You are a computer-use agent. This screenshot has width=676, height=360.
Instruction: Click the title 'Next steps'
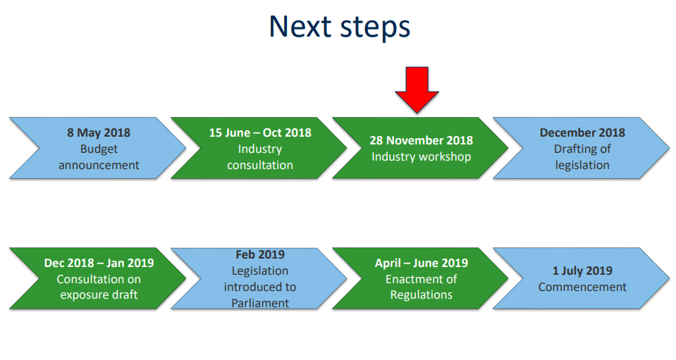click(340, 27)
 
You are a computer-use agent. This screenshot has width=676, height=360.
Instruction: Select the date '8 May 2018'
click(99, 132)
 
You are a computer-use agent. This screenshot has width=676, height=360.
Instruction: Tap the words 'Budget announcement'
click(99, 156)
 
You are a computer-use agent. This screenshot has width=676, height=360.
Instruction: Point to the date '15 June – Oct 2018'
click(260, 132)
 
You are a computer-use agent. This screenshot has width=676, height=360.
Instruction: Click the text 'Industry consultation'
click(260, 156)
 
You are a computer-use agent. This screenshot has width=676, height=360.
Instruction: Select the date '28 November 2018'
click(422, 140)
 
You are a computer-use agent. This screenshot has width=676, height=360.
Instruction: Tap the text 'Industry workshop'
click(422, 156)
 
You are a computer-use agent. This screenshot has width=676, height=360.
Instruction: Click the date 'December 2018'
click(582, 132)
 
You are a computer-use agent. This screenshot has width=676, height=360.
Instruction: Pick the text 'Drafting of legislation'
click(582, 156)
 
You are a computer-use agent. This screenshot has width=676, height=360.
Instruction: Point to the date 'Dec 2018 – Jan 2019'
click(99, 263)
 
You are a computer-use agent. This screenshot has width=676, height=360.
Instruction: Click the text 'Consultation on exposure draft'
click(99, 287)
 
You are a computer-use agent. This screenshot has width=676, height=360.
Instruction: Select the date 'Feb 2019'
click(260, 254)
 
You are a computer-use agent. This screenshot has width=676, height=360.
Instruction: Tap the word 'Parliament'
click(260, 303)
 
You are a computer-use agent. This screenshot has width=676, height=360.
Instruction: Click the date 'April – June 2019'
click(422, 263)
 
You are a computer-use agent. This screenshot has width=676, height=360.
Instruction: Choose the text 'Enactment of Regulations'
click(422, 287)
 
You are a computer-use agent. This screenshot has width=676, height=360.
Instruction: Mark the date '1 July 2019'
click(582, 271)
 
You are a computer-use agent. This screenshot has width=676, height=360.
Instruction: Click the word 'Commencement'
click(582, 287)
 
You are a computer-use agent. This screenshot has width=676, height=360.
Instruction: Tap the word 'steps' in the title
click(375, 28)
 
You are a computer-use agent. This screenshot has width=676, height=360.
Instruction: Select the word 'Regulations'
click(422, 295)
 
